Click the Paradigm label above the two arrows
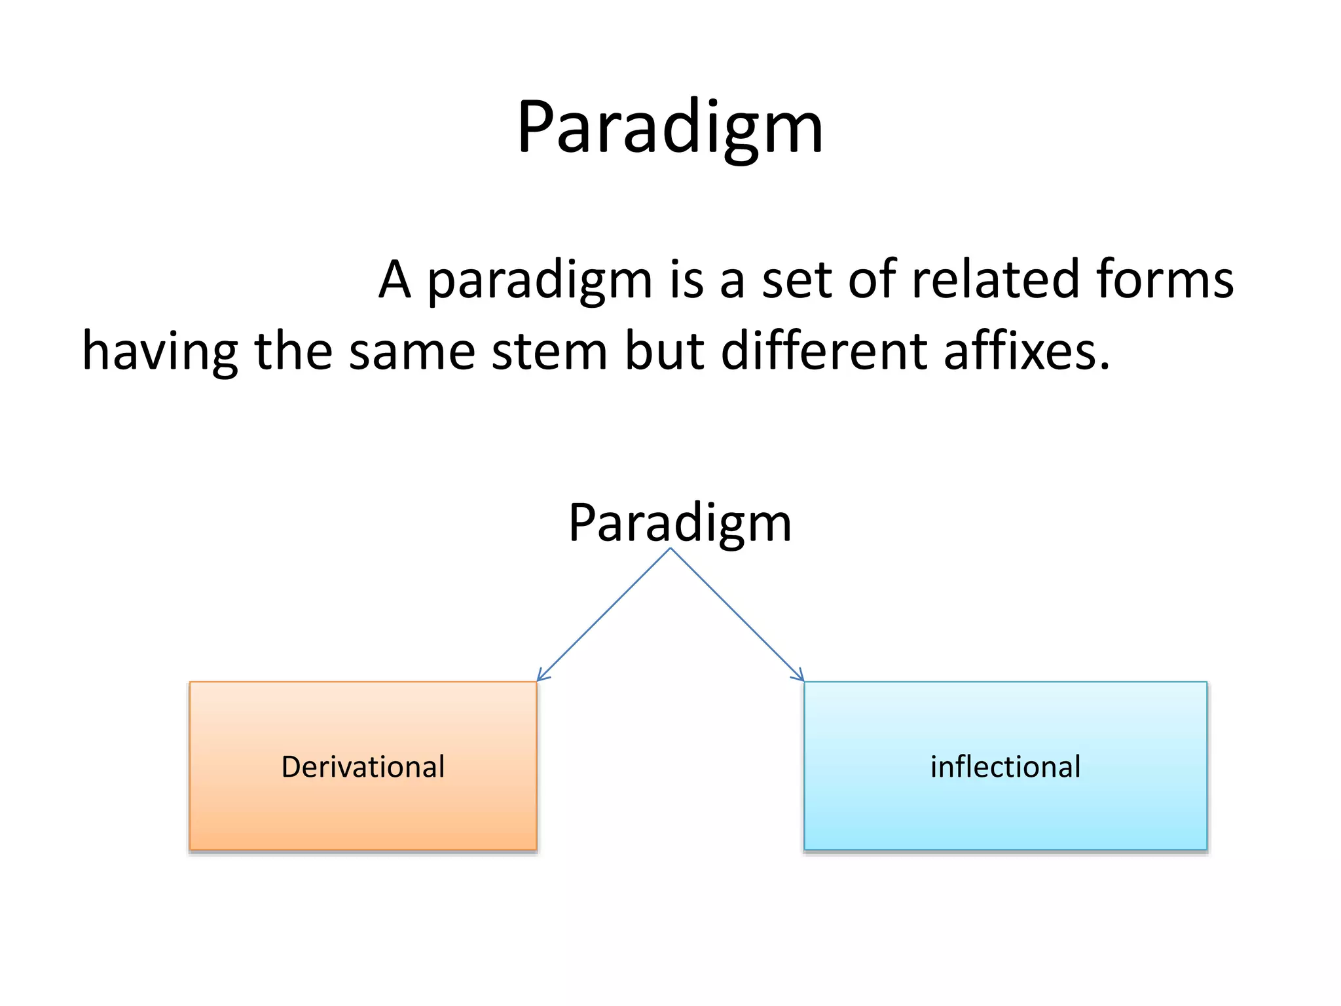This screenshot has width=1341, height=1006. (x=680, y=523)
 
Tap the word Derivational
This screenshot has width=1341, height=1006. (x=363, y=767)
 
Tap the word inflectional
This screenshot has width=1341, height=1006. (x=1005, y=767)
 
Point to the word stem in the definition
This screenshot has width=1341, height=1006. (x=549, y=352)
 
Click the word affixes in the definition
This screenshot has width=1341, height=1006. (x=1026, y=352)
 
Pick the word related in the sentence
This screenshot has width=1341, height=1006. (x=994, y=280)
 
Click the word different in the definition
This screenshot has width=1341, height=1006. (x=824, y=352)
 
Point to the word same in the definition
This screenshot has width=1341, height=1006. (x=412, y=352)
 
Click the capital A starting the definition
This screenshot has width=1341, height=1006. (x=395, y=280)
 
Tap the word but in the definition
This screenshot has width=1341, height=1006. (x=664, y=352)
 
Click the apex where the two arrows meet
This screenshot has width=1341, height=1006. (x=670, y=550)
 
